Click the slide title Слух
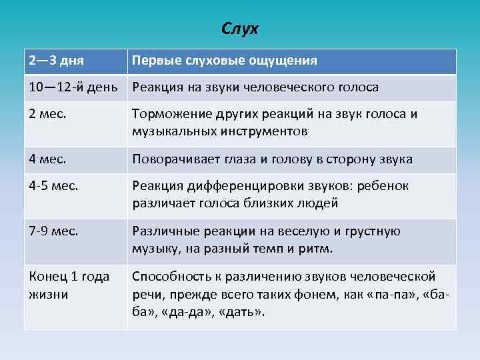click(x=240, y=29)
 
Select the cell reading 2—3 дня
click(x=56, y=61)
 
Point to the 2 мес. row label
click(x=51, y=114)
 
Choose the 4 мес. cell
click(x=51, y=159)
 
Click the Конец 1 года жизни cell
click(x=69, y=285)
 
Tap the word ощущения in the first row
click(x=283, y=61)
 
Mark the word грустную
click(x=366, y=231)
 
